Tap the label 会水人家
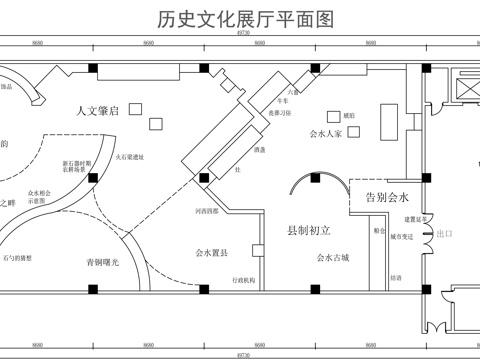(327, 131)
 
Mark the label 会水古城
(332, 257)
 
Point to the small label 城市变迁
(403, 238)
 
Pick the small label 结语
(397, 277)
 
